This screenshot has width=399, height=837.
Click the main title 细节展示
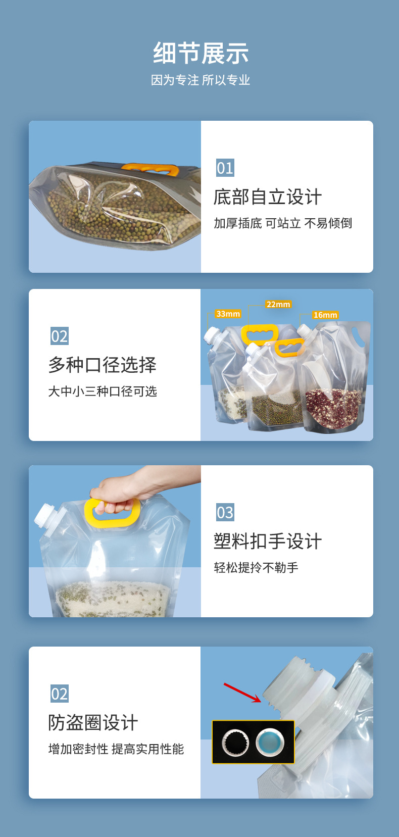(201, 54)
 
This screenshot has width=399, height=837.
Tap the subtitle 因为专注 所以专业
(201, 80)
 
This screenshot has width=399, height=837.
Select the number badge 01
(225, 168)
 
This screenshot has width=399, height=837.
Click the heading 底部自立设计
(267, 197)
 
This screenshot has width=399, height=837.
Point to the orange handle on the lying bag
(151, 169)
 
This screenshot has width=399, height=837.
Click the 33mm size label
(228, 314)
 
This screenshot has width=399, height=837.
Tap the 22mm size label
(278, 304)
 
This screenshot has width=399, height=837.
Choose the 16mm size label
(325, 315)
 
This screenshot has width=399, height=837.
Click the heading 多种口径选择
(103, 365)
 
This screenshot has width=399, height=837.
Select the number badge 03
(225, 512)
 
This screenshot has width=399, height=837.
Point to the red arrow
(242, 692)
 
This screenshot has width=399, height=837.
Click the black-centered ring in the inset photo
(235, 742)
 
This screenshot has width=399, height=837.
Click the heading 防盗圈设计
(93, 722)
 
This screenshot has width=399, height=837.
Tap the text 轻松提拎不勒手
(256, 568)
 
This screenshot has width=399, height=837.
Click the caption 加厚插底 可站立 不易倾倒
(283, 223)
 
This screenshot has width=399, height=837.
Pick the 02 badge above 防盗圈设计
(59, 694)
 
